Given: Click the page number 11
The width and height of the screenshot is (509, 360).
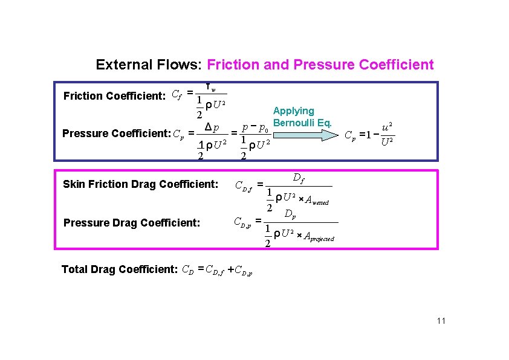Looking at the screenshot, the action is click(x=440, y=321).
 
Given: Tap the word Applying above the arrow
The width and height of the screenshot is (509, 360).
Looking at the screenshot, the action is click(x=294, y=111).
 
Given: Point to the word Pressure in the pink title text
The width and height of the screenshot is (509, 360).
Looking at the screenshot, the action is click(x=328, y=65).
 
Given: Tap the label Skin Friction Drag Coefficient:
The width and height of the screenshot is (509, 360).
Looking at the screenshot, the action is click(x=140, y=184).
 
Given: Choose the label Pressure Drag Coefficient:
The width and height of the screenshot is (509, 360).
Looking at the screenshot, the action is click(x=131, y=222).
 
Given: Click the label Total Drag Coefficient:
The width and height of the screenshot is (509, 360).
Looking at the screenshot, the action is click(x=119, y=269).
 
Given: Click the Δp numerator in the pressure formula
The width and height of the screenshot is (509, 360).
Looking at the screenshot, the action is click(x=212, y=128).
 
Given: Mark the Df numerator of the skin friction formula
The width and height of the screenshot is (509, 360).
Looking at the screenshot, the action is click(x=298, y=178).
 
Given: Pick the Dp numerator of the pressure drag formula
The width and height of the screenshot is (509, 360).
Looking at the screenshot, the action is click(x=290, y=214).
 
